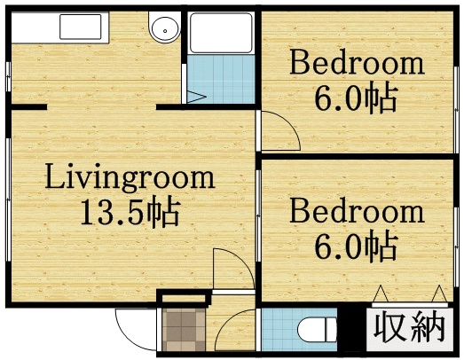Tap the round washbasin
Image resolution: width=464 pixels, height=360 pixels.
pos(163,29)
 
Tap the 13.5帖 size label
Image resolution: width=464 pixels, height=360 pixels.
pos(130,213)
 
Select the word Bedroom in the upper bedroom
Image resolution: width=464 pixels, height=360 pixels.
pos(356,64)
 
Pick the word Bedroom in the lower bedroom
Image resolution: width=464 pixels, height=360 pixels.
pos(356,212)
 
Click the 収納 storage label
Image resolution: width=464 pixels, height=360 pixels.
pos(407,328)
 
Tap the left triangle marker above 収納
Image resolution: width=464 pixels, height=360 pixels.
pos(381,294)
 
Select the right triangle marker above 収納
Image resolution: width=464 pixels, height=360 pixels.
pos(437,294)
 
